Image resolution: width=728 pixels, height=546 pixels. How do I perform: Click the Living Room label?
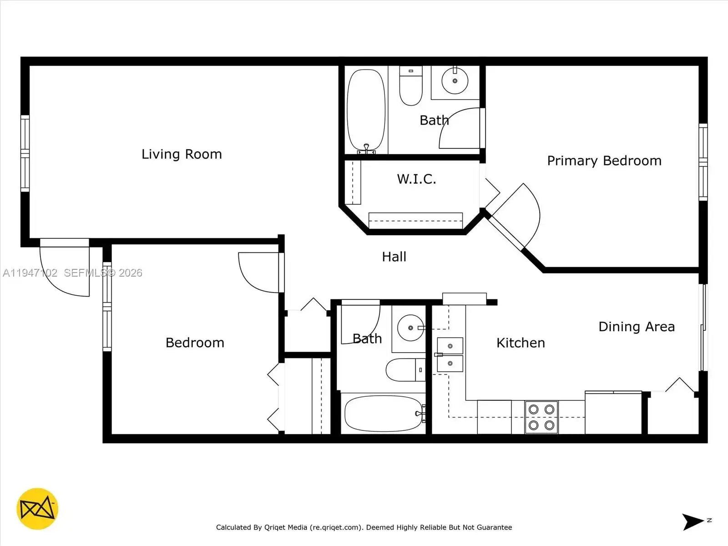[182, 154]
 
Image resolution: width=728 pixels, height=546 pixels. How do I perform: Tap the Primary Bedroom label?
[604, 161]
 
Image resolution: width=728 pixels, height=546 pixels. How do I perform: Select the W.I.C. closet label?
[417, 179]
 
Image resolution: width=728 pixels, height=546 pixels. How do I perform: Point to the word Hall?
[394, 257]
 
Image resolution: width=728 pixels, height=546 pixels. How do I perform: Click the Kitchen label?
[521, 343]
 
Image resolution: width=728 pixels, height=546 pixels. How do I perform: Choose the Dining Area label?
[637, 327]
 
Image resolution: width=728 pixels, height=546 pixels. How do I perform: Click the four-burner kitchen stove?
[541, 417]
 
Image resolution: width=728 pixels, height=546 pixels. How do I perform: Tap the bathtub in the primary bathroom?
[366, 110]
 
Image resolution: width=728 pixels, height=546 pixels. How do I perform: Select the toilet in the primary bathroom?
[411, 86]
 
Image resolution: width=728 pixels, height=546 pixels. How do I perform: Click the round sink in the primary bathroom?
[455, 81]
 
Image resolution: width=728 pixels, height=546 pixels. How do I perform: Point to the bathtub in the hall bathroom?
[384, 414]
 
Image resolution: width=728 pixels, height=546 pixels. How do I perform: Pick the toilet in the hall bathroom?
[405, 369]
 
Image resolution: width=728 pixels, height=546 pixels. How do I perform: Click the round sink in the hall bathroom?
[410, 328]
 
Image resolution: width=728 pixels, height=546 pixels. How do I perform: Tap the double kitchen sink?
[450, 355]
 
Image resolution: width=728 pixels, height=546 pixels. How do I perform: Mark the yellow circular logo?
[37, 509]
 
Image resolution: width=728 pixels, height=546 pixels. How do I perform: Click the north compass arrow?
[693, 522]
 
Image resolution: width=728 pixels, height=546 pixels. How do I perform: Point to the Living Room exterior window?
[25, 153]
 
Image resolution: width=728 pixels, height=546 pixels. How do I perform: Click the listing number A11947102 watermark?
[30, 273]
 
